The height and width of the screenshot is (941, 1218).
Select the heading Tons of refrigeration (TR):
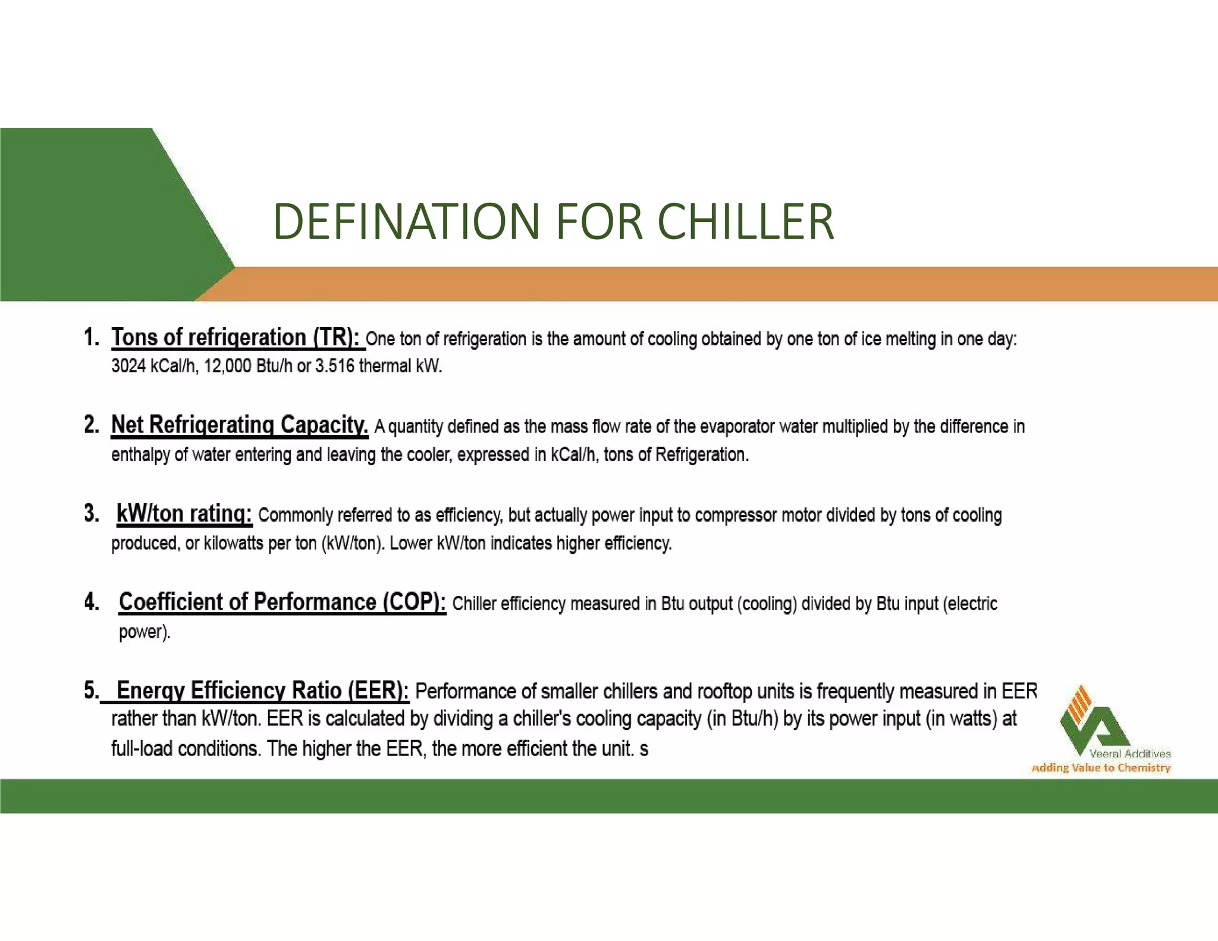[236, 337]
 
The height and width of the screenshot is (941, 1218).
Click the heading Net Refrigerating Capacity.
[240, 425]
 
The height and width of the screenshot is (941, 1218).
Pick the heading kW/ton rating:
[184, 513]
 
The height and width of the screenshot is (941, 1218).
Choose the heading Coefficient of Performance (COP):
[282, 602]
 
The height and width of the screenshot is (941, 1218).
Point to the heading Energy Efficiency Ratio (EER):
[262, 691]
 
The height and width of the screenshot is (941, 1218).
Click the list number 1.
[92, 337]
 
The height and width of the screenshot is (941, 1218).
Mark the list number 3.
[92, 513]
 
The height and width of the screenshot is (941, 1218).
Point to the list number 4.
[92, 602]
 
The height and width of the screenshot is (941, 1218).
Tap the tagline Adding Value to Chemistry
[1101, 768]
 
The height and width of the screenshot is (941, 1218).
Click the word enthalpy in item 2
[141, 455]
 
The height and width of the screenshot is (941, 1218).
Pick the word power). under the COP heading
[145, 632]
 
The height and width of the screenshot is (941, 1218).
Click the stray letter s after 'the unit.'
[644, 749]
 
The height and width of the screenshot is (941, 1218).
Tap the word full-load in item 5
[142, 748]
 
